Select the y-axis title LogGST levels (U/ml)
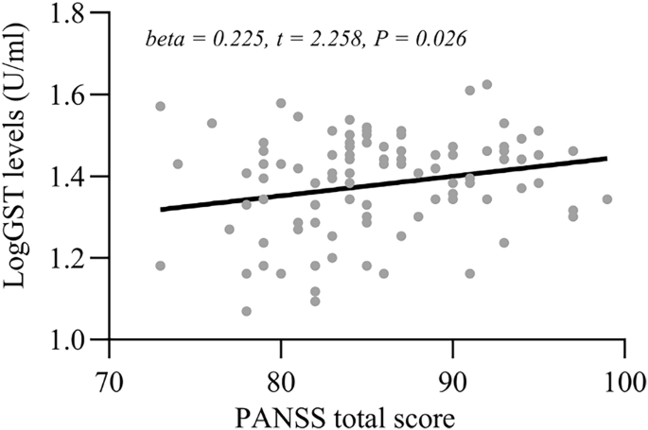[x=20, y=177]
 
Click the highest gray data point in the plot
[x=487, y=84]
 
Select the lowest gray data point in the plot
[x=247, y=311]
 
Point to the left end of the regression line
[x=161, y=209]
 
